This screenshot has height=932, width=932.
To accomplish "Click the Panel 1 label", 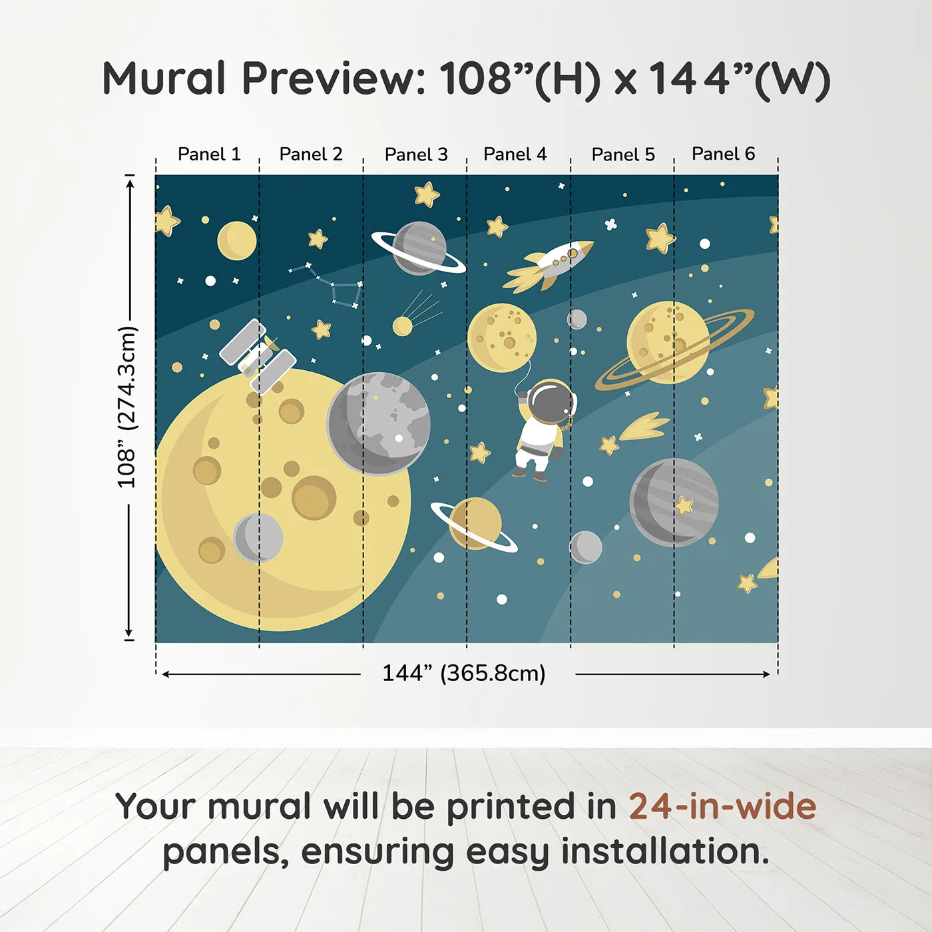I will click(208, 154).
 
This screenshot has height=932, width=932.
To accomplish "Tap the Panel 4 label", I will click(515, 154).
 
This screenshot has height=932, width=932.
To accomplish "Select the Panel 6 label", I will click(723, 154).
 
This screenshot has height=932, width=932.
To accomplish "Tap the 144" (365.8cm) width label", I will click(463, 673).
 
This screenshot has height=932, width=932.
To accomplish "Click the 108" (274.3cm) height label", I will click(126, 407).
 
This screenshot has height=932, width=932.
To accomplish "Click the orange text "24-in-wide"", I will click(722, 806).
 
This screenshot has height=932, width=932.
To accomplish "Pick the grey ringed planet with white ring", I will click(419, 248).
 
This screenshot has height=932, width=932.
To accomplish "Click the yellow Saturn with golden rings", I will click(669, 343).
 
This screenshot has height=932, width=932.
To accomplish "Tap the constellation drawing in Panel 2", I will click(330, 284).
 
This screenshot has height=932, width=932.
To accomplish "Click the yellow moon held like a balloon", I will click(501, 336).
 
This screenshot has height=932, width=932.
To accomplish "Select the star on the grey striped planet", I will click(684, 505).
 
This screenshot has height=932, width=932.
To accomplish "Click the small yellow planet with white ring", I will click(475, 524).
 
